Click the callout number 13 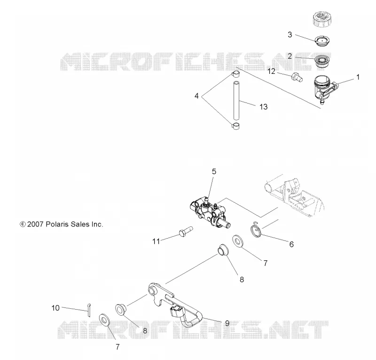263,107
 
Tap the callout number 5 214,171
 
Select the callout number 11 156,241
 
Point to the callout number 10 55,308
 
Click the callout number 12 271,72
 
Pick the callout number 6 291,244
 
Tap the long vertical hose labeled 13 237,100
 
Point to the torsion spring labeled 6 256,230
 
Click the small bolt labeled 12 297,77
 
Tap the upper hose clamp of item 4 236,74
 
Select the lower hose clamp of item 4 236,126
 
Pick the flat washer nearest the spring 238,241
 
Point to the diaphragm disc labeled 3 322,40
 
